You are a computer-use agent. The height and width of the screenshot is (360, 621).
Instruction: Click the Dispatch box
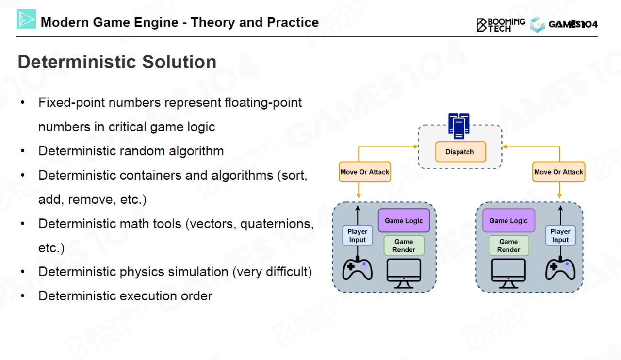click(x=460, y=152)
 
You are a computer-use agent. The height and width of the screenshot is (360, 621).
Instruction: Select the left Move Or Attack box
click(x=365, y=172)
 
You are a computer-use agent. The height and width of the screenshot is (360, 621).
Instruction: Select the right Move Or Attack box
click(x=558, y=172)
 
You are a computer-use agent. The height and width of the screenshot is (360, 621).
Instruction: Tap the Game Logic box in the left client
click(x=404, y=220)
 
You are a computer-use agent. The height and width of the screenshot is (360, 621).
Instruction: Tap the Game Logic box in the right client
click(x=509, y=220)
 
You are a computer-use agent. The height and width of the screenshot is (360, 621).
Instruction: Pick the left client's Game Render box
click(x=404, y=245)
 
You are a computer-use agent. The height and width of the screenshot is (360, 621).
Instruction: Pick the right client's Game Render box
click(x=509, y=245)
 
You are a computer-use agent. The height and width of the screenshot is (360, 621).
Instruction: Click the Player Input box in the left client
click(x=358, y=235)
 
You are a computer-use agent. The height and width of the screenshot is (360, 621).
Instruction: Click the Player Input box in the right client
click(x=560, y=235)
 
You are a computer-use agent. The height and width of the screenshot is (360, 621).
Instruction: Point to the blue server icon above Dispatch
click(x=459, y=126)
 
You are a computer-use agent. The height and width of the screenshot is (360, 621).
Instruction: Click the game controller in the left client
click(x=358, y=269)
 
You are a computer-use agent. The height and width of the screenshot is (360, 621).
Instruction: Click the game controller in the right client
click(x=560, y=269)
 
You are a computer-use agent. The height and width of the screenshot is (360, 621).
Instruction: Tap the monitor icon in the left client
click(x=404, y=274)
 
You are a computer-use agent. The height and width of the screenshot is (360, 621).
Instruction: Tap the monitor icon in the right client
click(x=508, y=274)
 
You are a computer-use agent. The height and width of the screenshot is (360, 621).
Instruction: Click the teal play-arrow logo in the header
click(x=26, y=19)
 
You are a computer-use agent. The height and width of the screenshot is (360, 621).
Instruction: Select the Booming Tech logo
click(x=501, y=25)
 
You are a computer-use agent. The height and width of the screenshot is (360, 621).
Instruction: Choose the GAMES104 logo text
click(x=573, y=24)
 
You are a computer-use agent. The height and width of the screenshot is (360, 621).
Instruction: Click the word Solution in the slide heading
click(x=179, y=62)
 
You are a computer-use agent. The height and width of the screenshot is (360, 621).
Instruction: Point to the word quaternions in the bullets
click(x=277, y=224)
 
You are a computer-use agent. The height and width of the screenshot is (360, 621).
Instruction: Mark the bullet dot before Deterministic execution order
click(x=23, y=296)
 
